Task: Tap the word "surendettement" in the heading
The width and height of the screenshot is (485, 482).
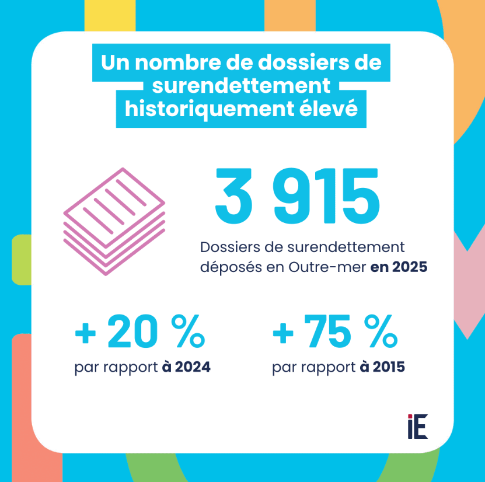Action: (241, 86)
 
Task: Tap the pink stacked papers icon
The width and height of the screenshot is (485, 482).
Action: (114, 221)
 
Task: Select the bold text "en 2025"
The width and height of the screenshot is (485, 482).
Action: (399, 267)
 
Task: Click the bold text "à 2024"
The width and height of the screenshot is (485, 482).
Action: (186, 368)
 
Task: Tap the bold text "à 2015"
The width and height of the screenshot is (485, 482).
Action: (382, 368)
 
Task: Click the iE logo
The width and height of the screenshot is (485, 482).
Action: (417, 427)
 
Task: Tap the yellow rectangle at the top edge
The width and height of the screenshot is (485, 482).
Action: (110, 15)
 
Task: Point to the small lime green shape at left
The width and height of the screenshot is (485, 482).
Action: (21, 259)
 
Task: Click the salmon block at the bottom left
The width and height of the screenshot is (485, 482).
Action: (29, 408)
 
